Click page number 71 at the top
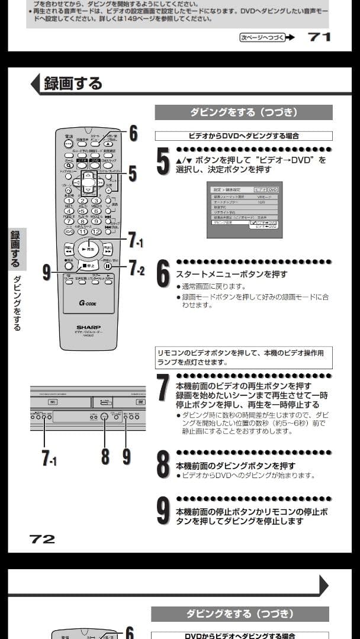click(320, 37)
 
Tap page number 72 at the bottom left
click(42, 538)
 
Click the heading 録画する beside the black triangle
click(73, 83)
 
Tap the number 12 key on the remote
click(96, 231)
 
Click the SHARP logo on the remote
click(88, 327)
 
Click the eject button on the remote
click(108, 143)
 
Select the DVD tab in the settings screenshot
click(272, 189)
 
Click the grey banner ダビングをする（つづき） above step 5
click(243, 112)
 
